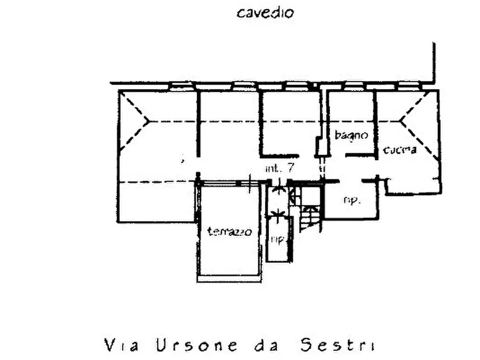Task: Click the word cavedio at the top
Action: click(x=265, y=12)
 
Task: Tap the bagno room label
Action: click(x=351, y=135)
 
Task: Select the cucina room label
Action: click(x=399, y=150)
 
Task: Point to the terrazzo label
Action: click(x=230, y=232)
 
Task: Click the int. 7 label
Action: click(x=280, y=168)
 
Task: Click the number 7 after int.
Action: click(x=290, y=167)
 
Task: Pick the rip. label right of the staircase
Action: click(x=351, y=200)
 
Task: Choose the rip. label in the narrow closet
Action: click(x=277, y=239)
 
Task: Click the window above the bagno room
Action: click(x=354, y=84)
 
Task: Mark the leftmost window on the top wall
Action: click(x=181, y=84)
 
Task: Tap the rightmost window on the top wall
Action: click(x=410, y=84)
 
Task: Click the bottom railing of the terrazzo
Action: click(x=230, y=279)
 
